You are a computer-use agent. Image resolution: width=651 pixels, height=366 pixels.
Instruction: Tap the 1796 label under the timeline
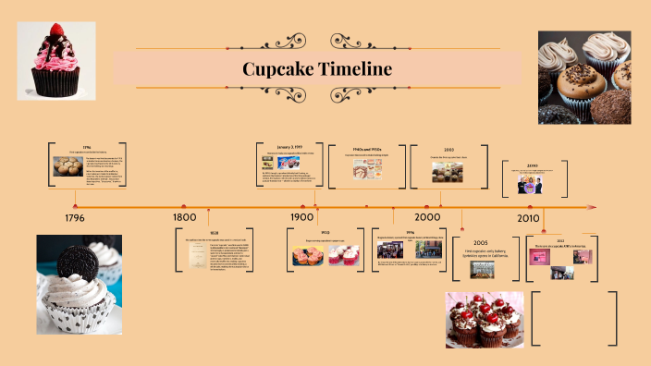pos(75,219)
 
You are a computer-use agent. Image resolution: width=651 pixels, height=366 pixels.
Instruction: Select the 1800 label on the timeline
pos(185,217)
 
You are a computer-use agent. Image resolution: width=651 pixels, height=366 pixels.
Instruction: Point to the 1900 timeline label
pos(302,217)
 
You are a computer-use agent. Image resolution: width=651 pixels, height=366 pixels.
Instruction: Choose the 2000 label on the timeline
pos(427,216)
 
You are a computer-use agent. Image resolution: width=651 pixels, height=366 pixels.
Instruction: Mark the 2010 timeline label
pos(528,218)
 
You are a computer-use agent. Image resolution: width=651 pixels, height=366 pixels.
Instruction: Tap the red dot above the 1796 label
pos(75,206)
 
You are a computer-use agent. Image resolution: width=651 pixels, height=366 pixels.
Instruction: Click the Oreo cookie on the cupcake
pos(76,262)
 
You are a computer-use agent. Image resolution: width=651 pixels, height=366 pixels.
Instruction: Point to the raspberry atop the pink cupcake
pos(58,30)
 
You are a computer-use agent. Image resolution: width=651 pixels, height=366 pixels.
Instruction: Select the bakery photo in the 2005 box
pos(481,268)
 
